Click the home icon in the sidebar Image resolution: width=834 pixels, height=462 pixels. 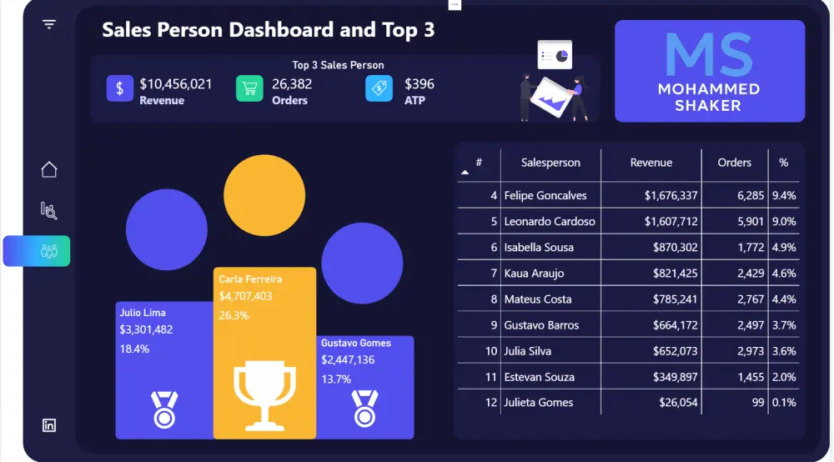point(49,169)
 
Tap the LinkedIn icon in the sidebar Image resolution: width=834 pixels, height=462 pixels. point(49,425)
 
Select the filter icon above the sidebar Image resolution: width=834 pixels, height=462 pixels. point(49,24)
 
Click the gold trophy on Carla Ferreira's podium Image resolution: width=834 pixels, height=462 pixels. point(264,395)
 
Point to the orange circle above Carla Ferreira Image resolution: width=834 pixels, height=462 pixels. point(264,195)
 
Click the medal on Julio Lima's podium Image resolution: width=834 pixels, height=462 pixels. point(164,410)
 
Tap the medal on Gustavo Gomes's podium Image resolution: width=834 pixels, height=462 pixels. point(365,409)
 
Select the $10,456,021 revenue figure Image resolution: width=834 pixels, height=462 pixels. point(175,84)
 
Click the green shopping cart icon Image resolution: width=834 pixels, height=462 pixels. point(249,88)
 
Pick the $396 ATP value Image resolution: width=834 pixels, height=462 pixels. point(420,84)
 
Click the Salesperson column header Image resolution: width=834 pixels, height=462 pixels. point(550,163)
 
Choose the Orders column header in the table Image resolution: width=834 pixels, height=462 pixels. point(734,163)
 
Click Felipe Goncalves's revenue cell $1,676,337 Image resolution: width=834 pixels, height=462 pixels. point(671,196)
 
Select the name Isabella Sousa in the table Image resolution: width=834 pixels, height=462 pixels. point(539,247)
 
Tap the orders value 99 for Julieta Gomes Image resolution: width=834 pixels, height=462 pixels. point(758,403)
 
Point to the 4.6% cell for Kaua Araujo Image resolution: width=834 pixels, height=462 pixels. point(784,274)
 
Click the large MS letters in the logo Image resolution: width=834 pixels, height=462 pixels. point(709,55)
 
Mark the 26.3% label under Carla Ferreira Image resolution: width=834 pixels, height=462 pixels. point(234,315)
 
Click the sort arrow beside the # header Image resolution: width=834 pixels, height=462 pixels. point(465,173)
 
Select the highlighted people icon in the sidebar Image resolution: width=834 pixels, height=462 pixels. point(49,251)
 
